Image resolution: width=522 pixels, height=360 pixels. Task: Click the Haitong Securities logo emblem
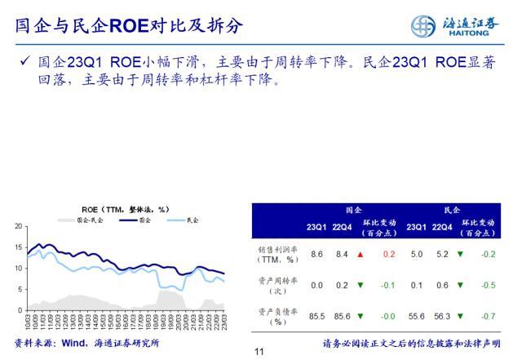423,25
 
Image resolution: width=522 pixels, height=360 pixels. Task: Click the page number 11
260,352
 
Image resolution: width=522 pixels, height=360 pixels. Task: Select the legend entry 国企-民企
82,220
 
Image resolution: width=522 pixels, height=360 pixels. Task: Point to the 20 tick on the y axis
19,225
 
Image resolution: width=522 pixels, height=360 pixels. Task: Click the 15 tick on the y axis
19,247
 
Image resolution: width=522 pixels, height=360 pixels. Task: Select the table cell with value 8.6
316,255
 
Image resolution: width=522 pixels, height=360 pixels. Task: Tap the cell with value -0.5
488,285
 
